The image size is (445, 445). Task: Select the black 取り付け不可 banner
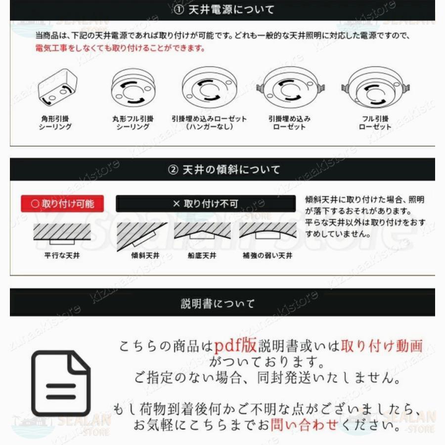[205, 203]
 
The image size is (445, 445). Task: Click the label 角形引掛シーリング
[55, 123]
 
